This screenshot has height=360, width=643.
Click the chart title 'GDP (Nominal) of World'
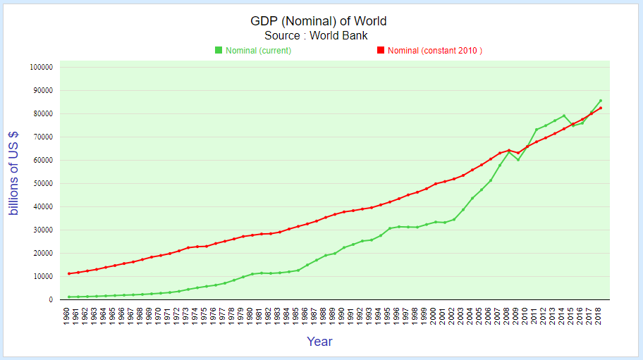319,21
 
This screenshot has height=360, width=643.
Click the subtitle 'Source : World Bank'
316,35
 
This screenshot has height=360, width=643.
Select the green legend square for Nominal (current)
219,50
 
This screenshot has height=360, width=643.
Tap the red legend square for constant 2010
381,50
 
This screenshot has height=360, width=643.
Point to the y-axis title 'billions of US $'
14,173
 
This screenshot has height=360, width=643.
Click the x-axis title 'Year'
319,342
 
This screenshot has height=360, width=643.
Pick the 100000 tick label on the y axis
42,68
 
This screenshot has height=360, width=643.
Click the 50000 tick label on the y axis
42,184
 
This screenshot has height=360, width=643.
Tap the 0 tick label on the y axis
50,300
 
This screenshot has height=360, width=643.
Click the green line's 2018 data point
601,101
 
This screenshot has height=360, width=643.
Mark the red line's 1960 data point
68,273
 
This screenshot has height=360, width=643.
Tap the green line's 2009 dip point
518,160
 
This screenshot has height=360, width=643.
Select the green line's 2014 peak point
564,116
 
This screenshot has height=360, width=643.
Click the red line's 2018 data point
601,108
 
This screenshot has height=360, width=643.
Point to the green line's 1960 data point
68,297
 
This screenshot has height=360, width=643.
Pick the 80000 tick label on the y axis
42,114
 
